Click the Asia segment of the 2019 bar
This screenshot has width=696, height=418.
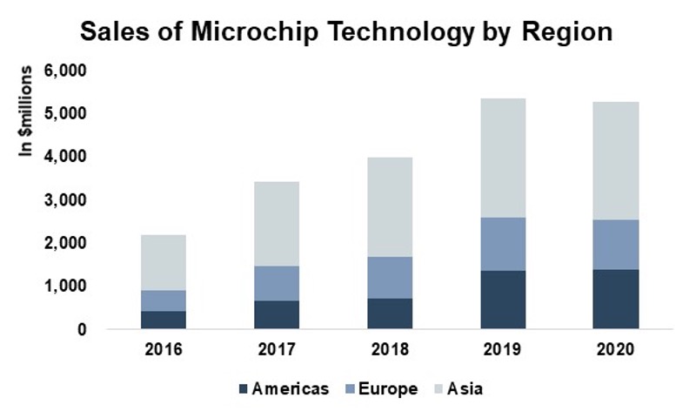(x=504, y=158)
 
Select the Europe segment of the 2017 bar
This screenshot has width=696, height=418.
(x=277, y=283)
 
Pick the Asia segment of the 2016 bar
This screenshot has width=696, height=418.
(x=164, y=262)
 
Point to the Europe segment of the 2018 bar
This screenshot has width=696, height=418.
(x=390, y=277)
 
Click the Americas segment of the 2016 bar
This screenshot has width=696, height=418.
(x=164, y=320)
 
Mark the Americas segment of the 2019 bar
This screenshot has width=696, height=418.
(x=504, y=300)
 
